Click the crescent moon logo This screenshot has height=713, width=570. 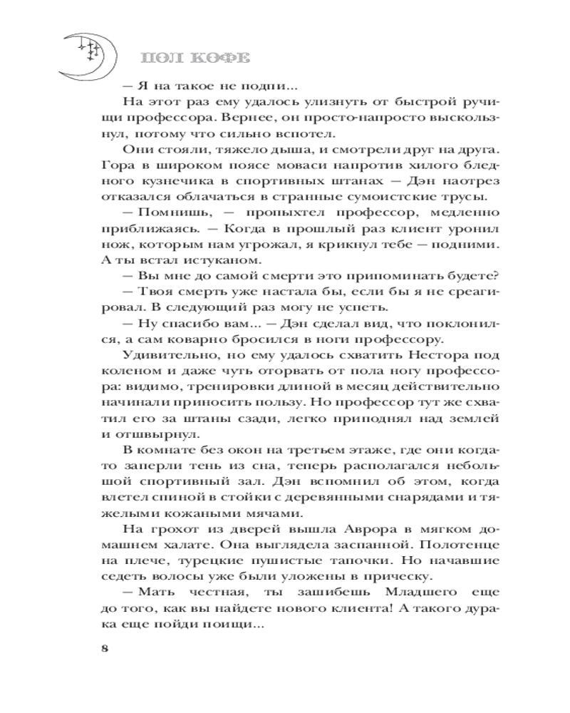tap(84, 57)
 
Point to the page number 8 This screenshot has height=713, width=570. tap(105, 648)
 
